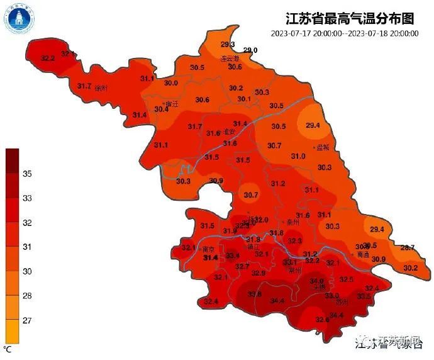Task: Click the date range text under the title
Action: coord(345,33)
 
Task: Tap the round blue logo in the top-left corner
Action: coord(19,20)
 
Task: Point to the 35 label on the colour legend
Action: coord(27,174)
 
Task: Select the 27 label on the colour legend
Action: coord(27,320)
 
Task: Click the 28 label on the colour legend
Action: coord(27,296)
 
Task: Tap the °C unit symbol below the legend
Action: coord(8,348)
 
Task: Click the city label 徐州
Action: coord(101,88)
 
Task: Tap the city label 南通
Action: coord(363,255)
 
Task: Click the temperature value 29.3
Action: coord(228,44)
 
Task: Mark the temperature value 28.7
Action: coord(408,247)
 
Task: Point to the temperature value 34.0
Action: coord(316,281)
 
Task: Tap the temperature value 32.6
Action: coord(323,319)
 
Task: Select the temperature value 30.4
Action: coord(162,109)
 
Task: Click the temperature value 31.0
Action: coord(298,156)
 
